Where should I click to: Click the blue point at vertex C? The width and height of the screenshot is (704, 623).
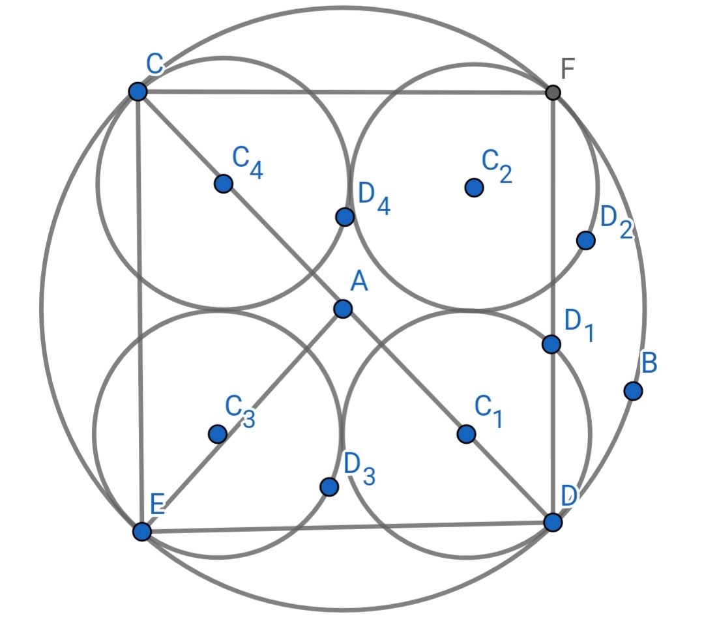[138, 92]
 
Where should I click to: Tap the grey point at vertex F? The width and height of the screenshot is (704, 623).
[553, 93]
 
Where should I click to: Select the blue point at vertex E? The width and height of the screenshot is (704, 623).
[142, 531]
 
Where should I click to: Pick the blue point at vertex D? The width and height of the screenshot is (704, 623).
[553, 523]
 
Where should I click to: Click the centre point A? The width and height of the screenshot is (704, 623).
[343, 309]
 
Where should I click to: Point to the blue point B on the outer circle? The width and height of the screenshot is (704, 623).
[633, 391]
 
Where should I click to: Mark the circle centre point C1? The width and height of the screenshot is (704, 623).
[467, 434]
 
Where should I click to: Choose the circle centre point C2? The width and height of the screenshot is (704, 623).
[474, 188]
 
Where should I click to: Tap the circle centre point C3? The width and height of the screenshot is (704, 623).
[218, 434]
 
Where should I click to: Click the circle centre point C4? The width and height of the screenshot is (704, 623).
[224, 184]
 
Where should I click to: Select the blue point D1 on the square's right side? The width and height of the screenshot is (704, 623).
[551, 344]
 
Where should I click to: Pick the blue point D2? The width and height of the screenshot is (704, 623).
[586, 240]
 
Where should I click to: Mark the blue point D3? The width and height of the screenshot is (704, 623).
[329, 487]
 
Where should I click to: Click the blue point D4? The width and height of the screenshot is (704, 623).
[345, 217]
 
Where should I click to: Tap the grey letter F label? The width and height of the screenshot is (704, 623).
[568, 69]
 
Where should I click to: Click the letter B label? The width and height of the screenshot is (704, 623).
[649, 363]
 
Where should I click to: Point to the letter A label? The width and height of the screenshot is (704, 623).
[359, 282]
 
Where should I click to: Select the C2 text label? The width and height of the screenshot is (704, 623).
[497, 166]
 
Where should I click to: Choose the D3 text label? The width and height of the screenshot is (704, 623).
[360, 469]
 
